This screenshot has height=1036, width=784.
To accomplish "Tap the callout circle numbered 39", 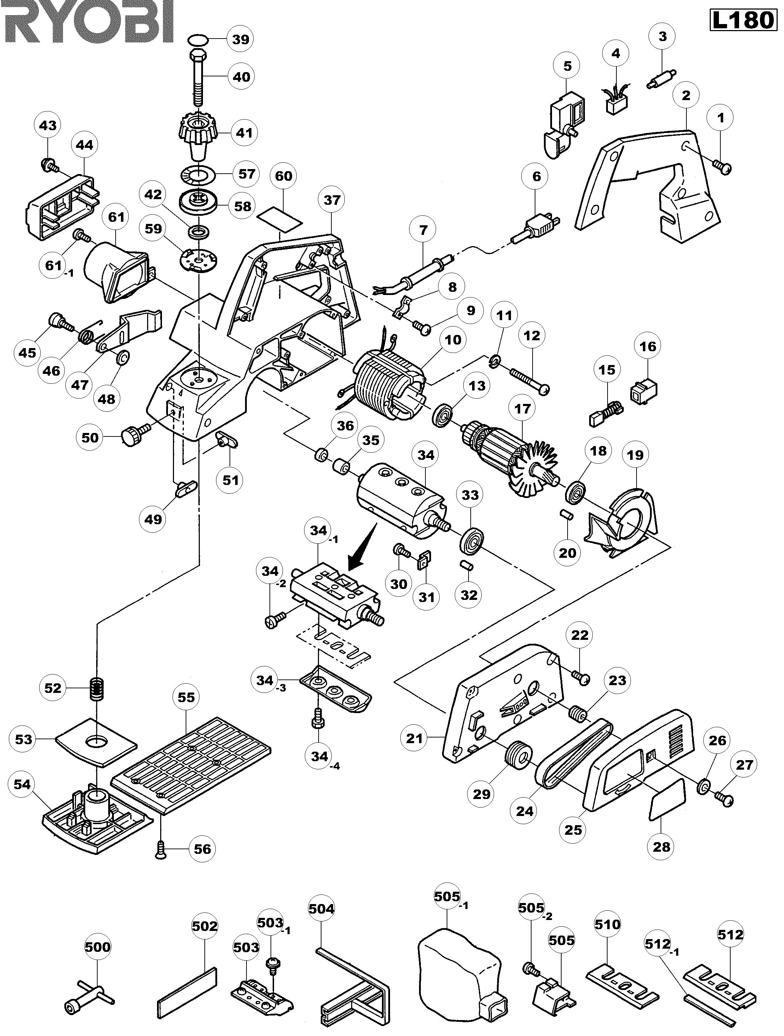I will (x=241, y=39).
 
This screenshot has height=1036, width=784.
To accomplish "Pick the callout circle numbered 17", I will (x=522, y=409).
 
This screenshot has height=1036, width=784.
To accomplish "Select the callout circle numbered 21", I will (x=414, y=739).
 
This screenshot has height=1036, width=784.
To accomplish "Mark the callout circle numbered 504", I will (x=322, y=909).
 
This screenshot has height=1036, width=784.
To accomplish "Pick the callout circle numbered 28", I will (x=661, y=847).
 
